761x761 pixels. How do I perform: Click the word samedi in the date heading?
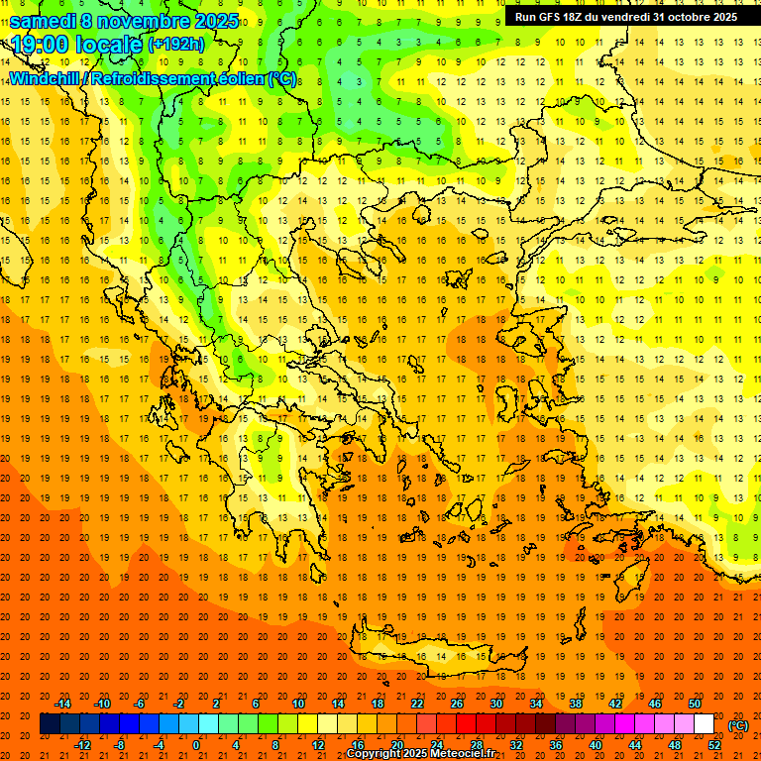point(43,21)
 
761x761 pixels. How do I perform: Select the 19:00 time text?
point(44,45)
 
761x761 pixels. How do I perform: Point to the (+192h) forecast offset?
point(176,45)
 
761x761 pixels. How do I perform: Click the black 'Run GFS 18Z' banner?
point(625,17)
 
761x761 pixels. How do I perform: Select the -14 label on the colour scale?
point(62,704)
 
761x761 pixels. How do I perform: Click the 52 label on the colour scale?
point(714,745)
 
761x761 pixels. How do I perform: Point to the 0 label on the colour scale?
point(196,745)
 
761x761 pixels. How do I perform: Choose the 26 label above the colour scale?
point(457,704)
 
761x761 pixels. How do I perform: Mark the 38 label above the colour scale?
point(576,704)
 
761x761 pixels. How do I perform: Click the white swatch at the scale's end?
point(705,724)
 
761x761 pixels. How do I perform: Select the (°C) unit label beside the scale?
point(738,725)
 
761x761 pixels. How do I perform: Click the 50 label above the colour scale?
point(695,704)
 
